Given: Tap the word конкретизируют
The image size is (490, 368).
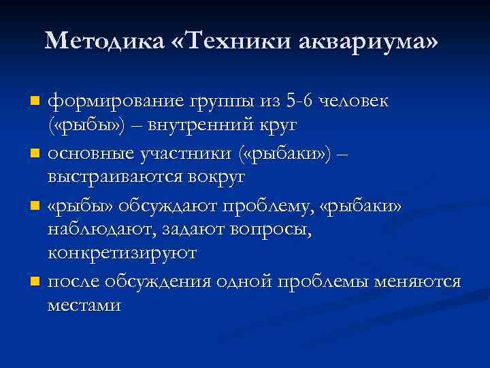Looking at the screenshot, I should pos(122,254).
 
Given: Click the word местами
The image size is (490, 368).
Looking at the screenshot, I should pos(84,304).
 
